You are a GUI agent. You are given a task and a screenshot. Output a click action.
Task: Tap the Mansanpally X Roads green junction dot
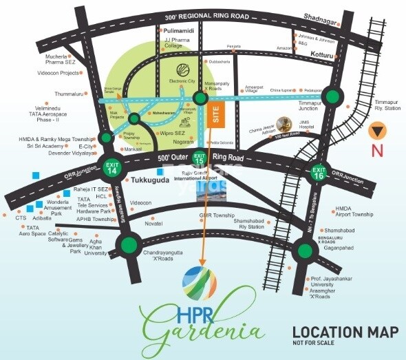click(x=201, y=98)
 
